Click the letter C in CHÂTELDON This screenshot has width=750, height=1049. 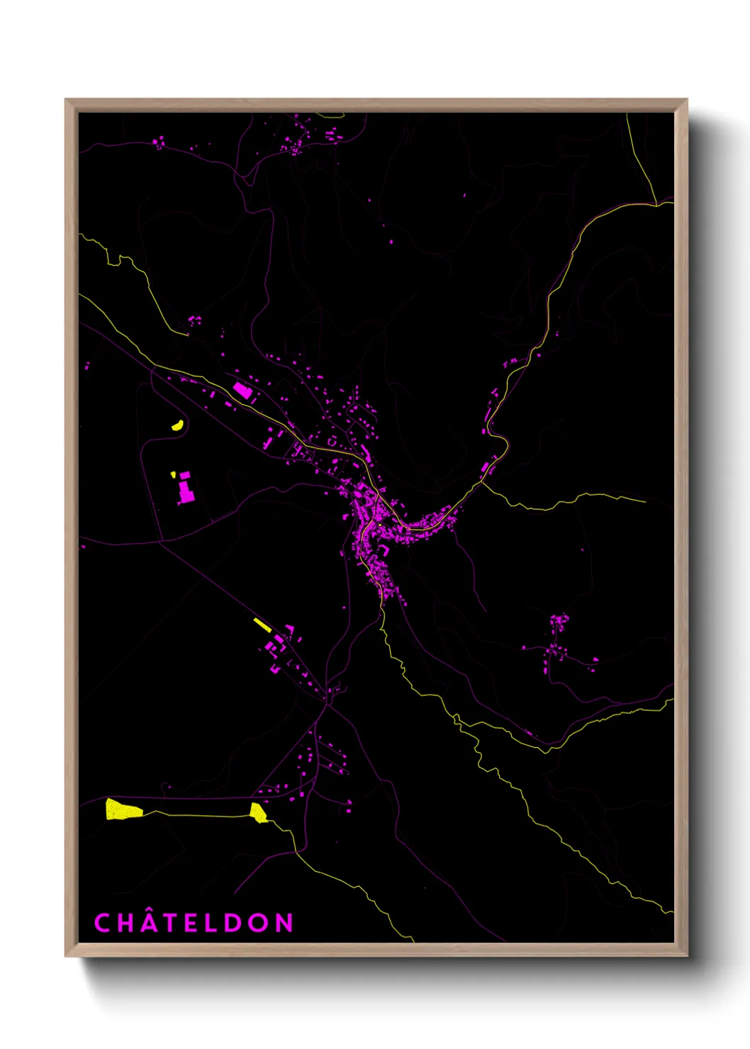102,923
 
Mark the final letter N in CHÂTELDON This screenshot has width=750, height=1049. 284,923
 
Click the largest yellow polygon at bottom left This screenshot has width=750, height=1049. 122,809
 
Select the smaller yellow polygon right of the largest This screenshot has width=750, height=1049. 258,812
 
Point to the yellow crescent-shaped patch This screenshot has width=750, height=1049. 177,425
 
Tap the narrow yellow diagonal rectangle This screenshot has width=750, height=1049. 262,624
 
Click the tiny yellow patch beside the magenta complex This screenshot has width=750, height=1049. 173,474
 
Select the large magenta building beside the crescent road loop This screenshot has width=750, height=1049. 186,488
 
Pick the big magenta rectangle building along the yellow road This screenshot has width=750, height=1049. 242,390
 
